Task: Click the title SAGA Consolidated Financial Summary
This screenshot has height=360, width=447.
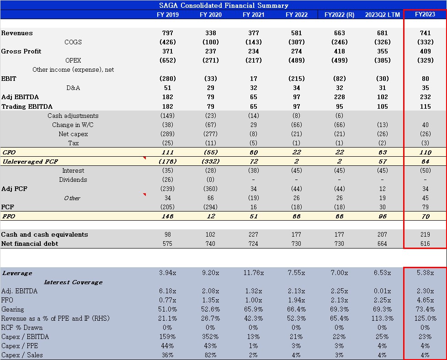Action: [x=223, y=5]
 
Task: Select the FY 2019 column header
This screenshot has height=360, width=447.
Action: [x=167, y=15]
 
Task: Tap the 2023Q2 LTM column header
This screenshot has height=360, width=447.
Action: [x=382, y=15]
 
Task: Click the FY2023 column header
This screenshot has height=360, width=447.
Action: [x=425, y=14]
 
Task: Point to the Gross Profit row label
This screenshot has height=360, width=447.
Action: [x=21, y=51]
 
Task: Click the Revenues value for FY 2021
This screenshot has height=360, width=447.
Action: [x=253, y=33]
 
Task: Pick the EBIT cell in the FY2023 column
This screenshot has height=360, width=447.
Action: [x=425, y=79]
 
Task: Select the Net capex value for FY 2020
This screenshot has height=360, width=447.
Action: [x=210, y=134]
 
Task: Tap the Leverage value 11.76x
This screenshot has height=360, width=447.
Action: [x=253, y=273]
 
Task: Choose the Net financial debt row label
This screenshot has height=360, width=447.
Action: [x=30, y=244]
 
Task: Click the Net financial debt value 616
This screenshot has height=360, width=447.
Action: [x=425, y=244]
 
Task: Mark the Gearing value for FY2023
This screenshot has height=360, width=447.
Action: [x=425, y=309]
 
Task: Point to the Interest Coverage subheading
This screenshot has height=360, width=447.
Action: [x=73, y=282]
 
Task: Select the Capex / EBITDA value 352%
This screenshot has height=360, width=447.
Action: [x=210, y=337]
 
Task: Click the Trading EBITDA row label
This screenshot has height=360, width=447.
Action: [x=27, y=106]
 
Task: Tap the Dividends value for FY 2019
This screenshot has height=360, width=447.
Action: [x=167, y=180]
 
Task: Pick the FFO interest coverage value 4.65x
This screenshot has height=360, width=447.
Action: [x=425, y=300]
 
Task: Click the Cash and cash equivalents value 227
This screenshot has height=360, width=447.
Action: [x=253, y=234]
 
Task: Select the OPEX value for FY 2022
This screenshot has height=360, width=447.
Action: [x=296, y=60]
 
